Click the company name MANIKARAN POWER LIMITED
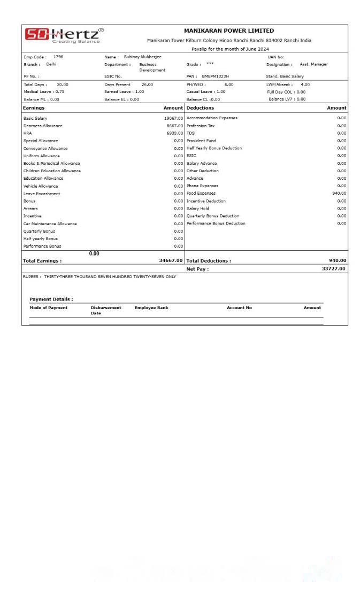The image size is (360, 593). click(229, 31)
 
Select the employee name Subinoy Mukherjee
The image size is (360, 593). click(142, 57)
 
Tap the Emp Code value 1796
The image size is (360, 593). click(58, 57)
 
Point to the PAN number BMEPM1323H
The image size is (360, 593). click(215, 76)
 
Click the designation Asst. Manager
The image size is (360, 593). click(313, 64)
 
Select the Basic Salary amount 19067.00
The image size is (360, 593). click(173, 118)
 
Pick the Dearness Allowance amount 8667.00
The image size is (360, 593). click(174, 126)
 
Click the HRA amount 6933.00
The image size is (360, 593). click(174, 133)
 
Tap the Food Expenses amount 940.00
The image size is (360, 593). click(339, 194)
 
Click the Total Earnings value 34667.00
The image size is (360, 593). click(171, 260)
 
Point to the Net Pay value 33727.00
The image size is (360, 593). click(333, 268)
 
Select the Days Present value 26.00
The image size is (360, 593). click(147, 84)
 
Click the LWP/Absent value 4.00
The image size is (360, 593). click(305, 84)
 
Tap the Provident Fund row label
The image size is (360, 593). click(201, 141)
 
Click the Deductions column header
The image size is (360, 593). click(200, 108)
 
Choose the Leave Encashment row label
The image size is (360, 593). click(42, 194)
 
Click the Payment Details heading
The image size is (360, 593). click(51, 299)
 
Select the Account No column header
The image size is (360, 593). click(239, 308)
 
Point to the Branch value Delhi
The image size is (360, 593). click(51, 64)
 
